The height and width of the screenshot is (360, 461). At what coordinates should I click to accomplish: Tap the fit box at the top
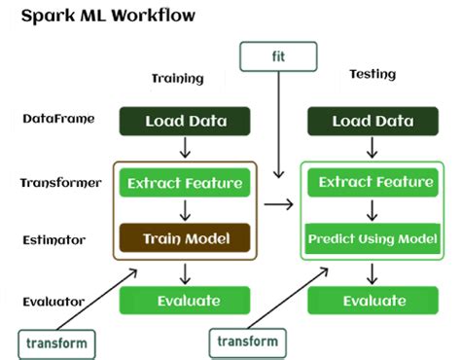(279, 56)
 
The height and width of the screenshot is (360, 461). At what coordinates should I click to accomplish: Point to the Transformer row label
(60, 182)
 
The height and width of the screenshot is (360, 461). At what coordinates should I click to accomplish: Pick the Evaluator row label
(54, 301)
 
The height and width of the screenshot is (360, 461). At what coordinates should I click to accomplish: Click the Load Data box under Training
(185, 122)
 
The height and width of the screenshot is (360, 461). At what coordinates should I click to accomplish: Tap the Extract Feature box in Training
(185, 182)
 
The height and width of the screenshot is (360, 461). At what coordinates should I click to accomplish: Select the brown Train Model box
(185, 237)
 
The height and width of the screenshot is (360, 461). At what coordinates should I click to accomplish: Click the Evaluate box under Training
(185, 301)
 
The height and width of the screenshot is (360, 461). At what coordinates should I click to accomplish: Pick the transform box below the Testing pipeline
(248, 341)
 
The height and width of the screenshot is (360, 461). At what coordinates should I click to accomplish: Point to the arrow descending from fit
(279, 126)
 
